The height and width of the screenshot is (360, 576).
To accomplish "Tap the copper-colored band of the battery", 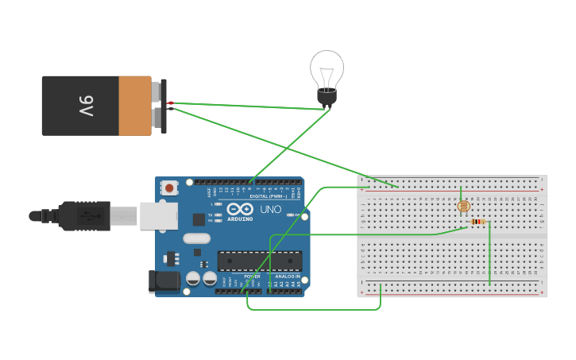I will point(135,106).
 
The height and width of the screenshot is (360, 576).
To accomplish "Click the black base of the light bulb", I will point(327,98).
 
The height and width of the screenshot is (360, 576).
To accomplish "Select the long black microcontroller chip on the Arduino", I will point(260,261).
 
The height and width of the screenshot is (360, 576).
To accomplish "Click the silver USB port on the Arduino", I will point(158,215).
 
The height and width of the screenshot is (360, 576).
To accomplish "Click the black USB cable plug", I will point(83,215).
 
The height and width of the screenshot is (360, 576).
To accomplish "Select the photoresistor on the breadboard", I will point(462,206).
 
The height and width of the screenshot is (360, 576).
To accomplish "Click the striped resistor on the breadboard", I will point(477,222).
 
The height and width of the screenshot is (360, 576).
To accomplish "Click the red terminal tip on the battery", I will point(170,103).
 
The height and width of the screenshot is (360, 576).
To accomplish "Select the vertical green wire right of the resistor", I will point(489,253).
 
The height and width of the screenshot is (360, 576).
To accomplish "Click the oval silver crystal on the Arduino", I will point(196,238).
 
